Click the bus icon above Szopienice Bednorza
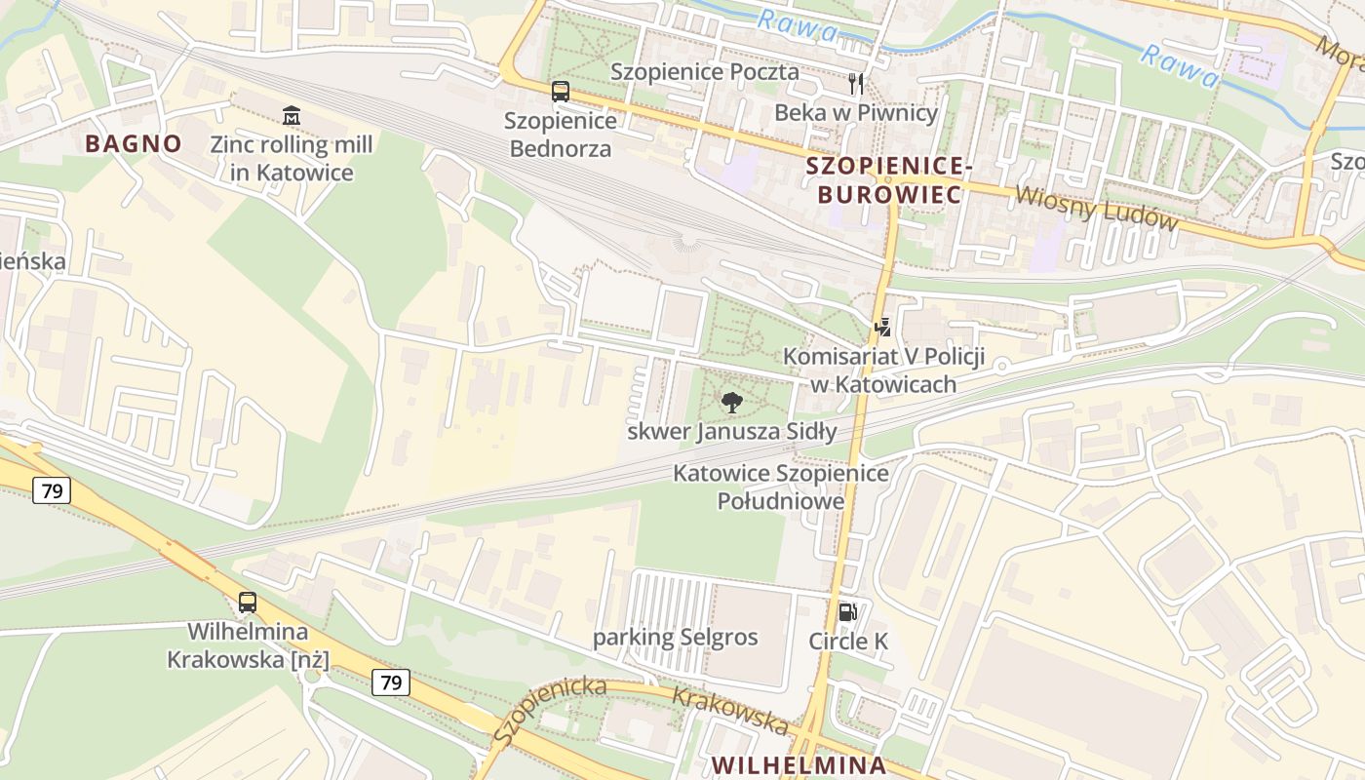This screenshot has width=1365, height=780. click(x=560, y=92)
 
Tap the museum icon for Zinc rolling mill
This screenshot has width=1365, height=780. click(x=291, y=116)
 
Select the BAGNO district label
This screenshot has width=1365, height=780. click(x=134, y=143)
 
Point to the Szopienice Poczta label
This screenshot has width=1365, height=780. click(x=704, y=72)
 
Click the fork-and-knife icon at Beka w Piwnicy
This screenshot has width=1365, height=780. click(x=856, y=84)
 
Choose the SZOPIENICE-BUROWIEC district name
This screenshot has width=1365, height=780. click(x=888, y=180)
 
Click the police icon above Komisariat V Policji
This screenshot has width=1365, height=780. click(x=882, y=328)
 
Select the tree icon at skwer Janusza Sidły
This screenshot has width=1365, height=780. click(x=731, y=402)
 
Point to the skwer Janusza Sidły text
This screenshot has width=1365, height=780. click(x=731, y=431)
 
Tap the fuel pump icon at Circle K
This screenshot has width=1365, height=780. click(x=847, y=612)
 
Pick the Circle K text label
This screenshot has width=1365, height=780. click(x=848, y=642)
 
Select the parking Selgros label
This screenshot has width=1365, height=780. click(x=675, y=638)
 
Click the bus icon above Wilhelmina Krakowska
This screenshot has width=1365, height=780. click(x=248, y=603)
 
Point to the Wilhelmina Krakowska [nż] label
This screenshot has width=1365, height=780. click(x=248, y=645)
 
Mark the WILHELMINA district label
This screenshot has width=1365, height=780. click(x=799, y=764)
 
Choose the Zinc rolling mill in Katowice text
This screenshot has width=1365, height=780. click(x=291, y=159)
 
